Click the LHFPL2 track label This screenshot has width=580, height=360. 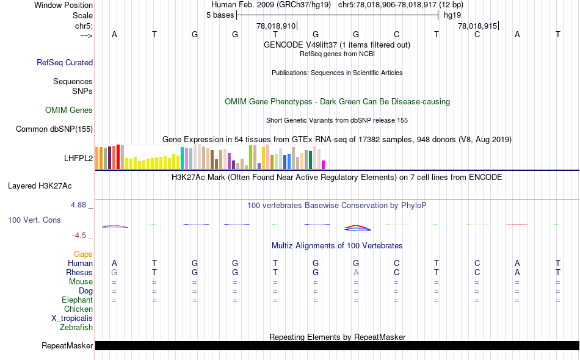point(78,158)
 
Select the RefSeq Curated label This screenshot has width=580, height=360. point(65,62)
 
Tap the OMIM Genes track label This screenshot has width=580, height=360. point(69,110)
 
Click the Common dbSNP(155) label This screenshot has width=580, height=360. point(54,129)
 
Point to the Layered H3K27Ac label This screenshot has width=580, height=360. point(50,185)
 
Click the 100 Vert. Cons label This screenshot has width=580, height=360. point(35,220)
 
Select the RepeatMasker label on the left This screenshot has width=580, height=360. point(67,346)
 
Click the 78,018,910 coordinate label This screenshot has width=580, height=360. point(276,26)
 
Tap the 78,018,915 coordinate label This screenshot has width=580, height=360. point(477,26)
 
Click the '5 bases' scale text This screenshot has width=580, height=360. point(220,15)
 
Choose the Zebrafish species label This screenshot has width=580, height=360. point(76,328)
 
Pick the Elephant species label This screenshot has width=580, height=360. point(77,300)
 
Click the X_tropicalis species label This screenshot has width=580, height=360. point(72,319)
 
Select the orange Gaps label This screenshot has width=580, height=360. point(83,254)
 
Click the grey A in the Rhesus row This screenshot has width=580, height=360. point(356,272)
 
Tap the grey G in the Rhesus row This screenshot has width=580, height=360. point(114,272)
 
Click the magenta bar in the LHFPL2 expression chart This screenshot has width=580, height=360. point(323,165)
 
